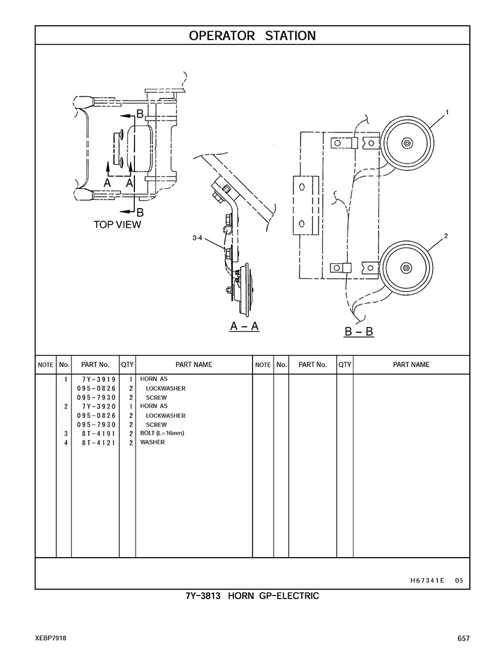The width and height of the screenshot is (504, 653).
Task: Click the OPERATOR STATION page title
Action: [252, 35]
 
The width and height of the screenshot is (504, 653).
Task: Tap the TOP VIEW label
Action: [117, 225]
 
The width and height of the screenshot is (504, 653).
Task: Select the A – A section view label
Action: [244, 326]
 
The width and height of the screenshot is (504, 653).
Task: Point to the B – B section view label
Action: [359, 331]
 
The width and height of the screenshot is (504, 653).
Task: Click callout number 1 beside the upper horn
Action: [447, 112]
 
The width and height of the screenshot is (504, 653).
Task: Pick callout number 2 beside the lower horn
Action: [446, 236]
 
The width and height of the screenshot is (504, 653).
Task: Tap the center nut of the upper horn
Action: [407, 143]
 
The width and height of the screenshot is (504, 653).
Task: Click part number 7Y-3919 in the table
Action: [96, 380]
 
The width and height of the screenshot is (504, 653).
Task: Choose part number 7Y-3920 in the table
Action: [96, 407]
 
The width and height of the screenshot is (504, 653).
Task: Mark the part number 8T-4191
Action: [96, 434]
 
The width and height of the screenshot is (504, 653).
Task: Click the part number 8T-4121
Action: [96, 443]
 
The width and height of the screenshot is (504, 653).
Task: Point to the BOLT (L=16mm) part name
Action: [161, 434]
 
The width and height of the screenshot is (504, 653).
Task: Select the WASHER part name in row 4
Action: [152, 443]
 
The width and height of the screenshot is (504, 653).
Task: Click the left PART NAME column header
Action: [193, 365]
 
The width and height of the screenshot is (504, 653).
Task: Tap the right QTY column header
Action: [344, 365]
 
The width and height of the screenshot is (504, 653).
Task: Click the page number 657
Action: [463, 639]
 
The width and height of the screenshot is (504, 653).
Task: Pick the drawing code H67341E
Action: [427, 580]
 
